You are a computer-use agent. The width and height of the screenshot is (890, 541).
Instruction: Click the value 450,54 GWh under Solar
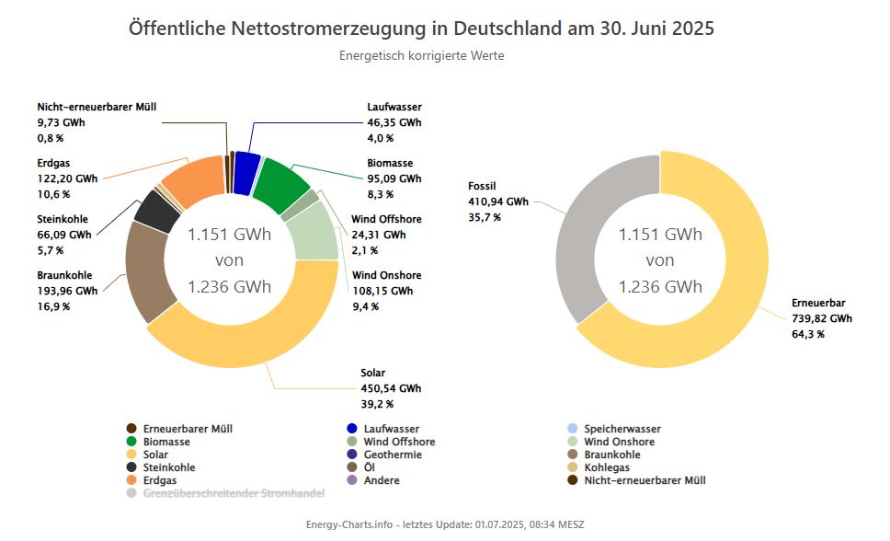(391, 388)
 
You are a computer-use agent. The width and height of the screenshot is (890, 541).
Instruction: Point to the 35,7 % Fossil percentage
(485, 217)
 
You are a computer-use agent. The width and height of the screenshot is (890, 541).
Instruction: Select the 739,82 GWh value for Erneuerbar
(822, 318)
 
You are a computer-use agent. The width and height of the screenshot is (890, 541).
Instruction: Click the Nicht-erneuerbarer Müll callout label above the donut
(97, 107)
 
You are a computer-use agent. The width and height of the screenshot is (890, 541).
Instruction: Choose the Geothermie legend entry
(393, 455)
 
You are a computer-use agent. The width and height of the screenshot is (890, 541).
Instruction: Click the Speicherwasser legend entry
(622, 429)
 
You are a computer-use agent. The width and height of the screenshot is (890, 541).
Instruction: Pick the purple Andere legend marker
(352, 480)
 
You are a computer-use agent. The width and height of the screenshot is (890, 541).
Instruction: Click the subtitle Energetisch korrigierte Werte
(421, 55)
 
